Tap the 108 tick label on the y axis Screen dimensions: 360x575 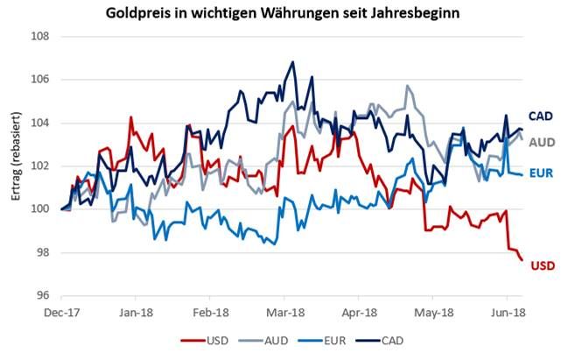[x=40, y=37]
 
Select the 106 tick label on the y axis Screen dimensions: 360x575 [x=40, y=80]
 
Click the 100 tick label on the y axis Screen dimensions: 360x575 [x=40, y=209]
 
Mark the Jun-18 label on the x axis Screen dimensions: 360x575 [x=508, y=311]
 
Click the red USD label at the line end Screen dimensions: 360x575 [x=543, y=265]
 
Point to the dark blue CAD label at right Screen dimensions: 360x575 [x=540, y=116]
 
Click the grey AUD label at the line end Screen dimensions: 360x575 [x=543, y=141]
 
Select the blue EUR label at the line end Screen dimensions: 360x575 [x=542, y=173]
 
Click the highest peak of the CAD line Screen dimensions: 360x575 [x=292, y=62]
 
